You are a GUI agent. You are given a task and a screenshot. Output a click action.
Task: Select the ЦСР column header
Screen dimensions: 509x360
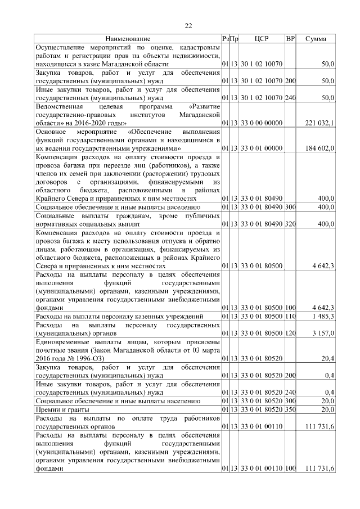[262, 39]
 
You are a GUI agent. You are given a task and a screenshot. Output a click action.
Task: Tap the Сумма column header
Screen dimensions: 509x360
[316, 39]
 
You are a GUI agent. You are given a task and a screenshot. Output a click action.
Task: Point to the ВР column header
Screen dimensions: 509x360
[290, 39]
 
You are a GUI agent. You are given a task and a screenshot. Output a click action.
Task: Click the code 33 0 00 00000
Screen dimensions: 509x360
[262, 123]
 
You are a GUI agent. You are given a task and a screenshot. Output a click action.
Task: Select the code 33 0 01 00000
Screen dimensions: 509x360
[262, 148]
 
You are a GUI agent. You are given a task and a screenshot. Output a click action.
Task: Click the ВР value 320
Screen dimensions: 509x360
[290, 224]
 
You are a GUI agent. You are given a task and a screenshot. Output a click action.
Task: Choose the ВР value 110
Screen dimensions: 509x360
[290, 317]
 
